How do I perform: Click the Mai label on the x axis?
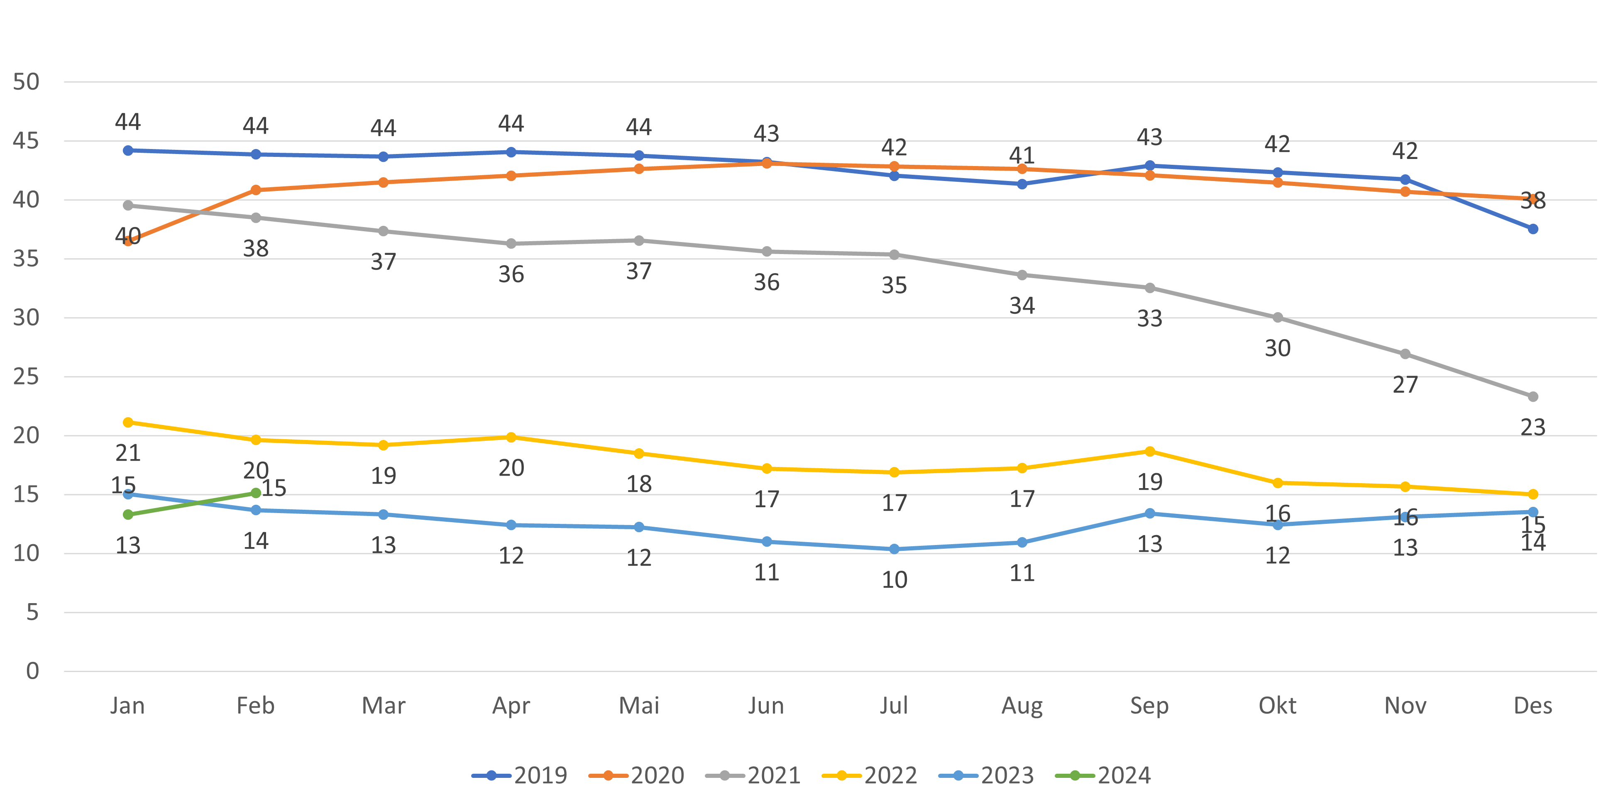(639, 706)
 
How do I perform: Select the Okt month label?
(1277, 706)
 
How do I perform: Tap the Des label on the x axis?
(1532, 706)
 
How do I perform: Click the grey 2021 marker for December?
(1532, 397)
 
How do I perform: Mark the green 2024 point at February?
(256, 493)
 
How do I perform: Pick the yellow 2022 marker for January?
(128, 423)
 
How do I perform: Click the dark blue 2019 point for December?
(1532, 229)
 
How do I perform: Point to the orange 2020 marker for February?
(256, 190)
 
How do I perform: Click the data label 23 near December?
(1532, 427)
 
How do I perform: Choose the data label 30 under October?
(1277, 348)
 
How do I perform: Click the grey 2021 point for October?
(1277, 318)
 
